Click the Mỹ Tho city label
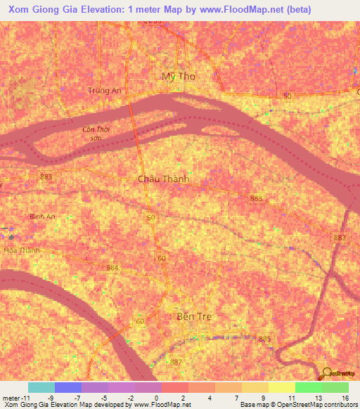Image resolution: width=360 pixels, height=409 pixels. click(x=178, y=76)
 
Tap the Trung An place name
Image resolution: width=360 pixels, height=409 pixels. click(x=106, y=90)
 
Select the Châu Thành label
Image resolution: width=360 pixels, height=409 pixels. click(x=163, y=179)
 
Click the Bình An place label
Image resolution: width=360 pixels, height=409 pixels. click(x=42, y=216)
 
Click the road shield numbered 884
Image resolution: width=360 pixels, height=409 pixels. click(x=112, y=268)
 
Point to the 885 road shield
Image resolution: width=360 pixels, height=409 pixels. click(x=264, y=339)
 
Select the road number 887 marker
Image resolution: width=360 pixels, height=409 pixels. click(x=175, y=362)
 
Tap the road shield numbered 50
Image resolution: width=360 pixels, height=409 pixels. click(x=286, y=96)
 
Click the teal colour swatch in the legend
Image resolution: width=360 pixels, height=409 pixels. click(x=41, y=387)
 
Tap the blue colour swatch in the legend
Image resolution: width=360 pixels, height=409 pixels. click(x=68, y=387)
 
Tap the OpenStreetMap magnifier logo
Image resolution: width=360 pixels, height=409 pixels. click(x=328, y=374)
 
